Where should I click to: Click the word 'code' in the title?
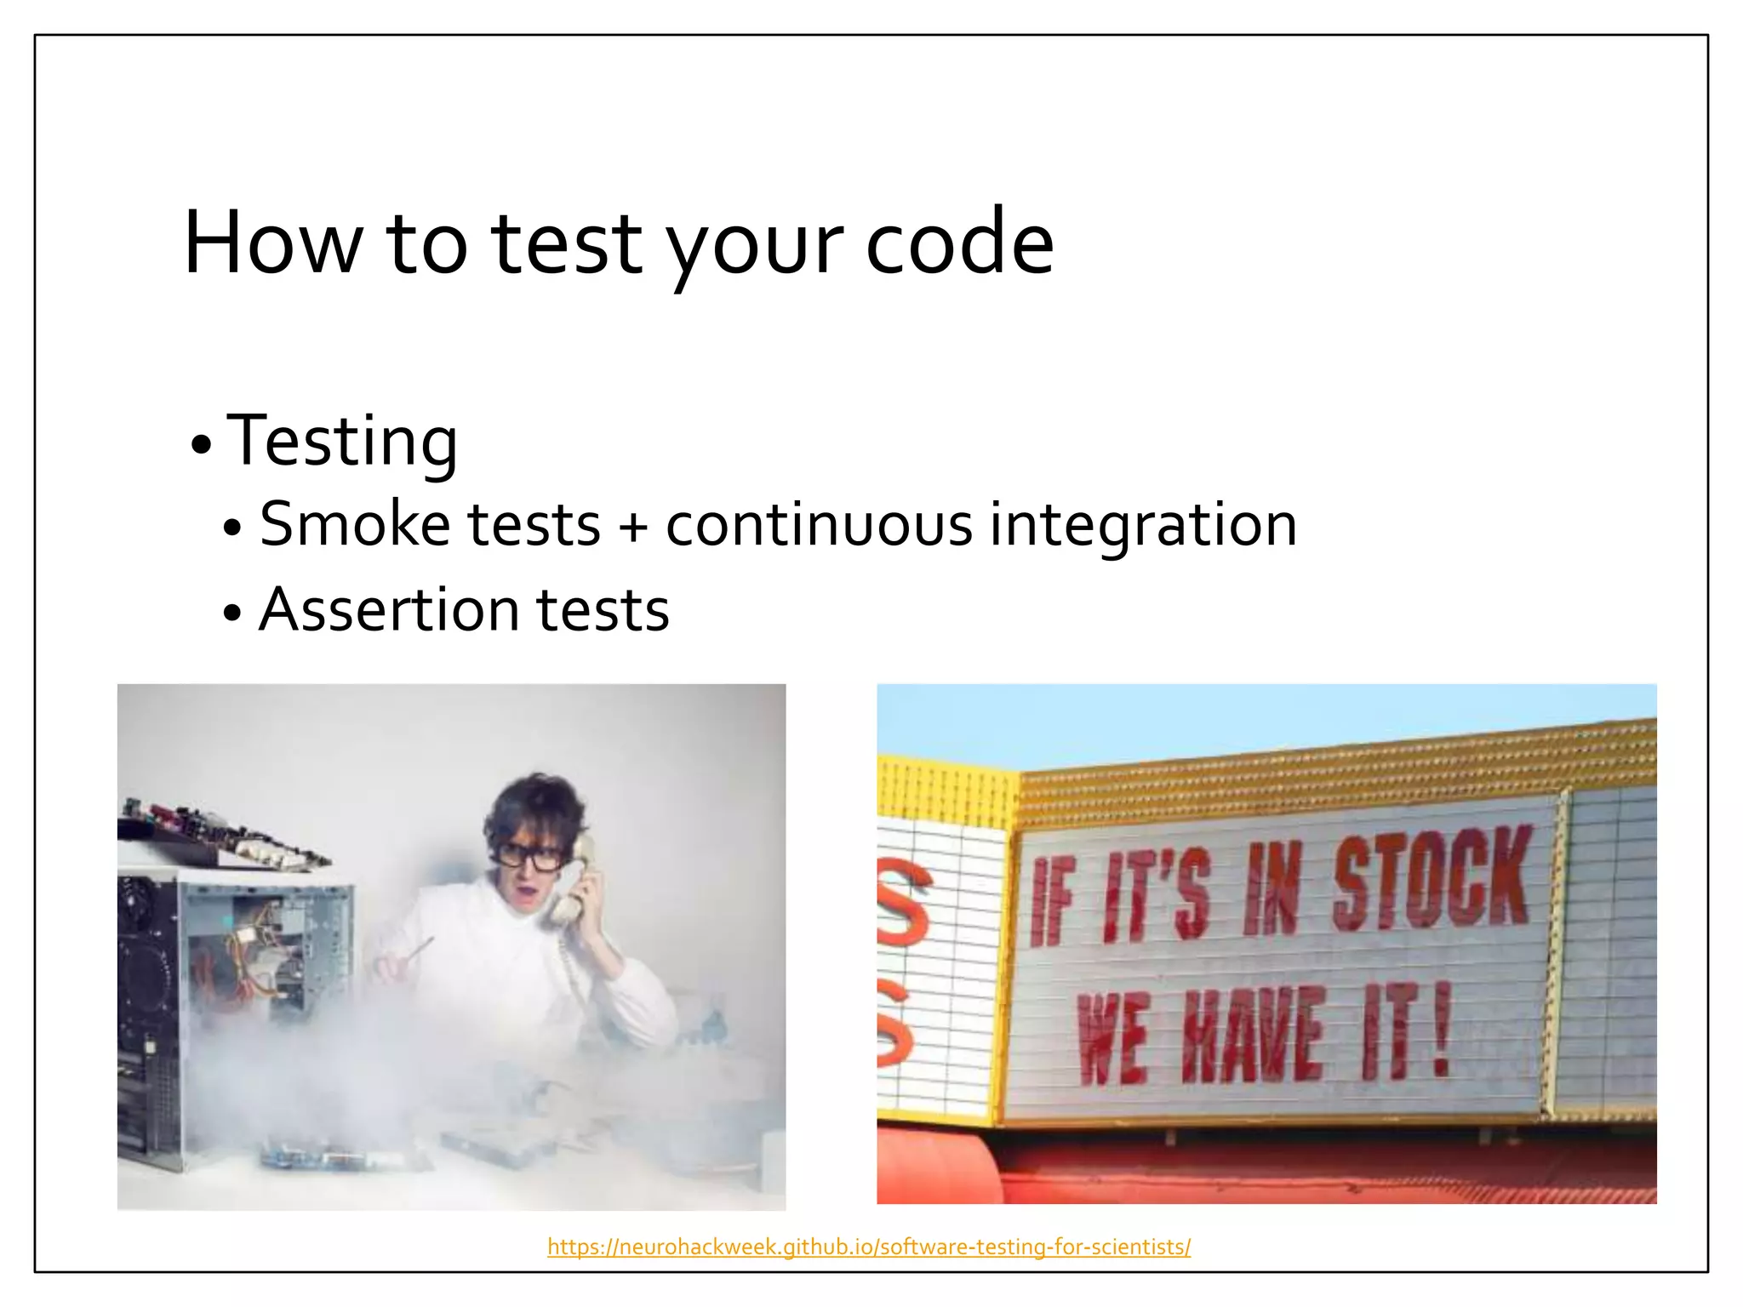click(x=959, y=244)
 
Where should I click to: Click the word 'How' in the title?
click(x=273, y=244)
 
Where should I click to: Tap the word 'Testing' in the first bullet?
click(x=342, y=442)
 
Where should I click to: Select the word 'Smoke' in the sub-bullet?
click(x=354, y=524)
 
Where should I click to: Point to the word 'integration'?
click(x=1142, y=526)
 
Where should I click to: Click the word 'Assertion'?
click(x=389, y=610)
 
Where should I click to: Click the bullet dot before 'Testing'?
click(x=201, y=445)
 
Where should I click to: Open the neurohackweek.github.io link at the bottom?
click(x=868, y=1247)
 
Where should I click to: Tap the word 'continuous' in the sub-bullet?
click(x=818, y=526)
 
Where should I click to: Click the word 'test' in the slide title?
click(x=566, y=244)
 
